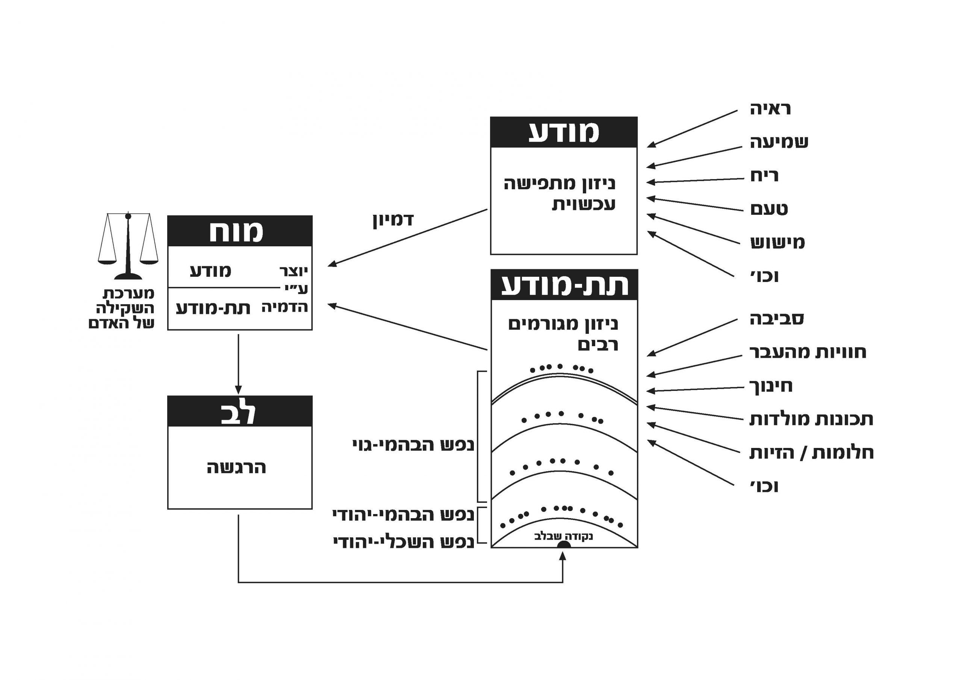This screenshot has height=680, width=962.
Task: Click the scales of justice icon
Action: [128, 246]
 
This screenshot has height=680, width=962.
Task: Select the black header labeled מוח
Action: [240, 231]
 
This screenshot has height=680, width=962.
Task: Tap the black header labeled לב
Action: [240, 411]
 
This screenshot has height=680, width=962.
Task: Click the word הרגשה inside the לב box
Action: [237, 468]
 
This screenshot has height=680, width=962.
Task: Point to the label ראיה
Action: [770, 109]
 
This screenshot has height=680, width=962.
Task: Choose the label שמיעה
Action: [779, 142]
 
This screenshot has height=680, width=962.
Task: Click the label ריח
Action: [764, 176]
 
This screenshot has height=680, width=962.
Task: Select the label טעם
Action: [769, 209]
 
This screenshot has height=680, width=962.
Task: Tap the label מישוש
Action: [777, 243]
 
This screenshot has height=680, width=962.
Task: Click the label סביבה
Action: [776, 319]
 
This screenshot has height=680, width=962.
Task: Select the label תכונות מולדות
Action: [811, 419]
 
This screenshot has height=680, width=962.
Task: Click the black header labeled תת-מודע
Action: [564, 285]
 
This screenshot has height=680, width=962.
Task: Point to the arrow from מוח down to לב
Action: [238, 363]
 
